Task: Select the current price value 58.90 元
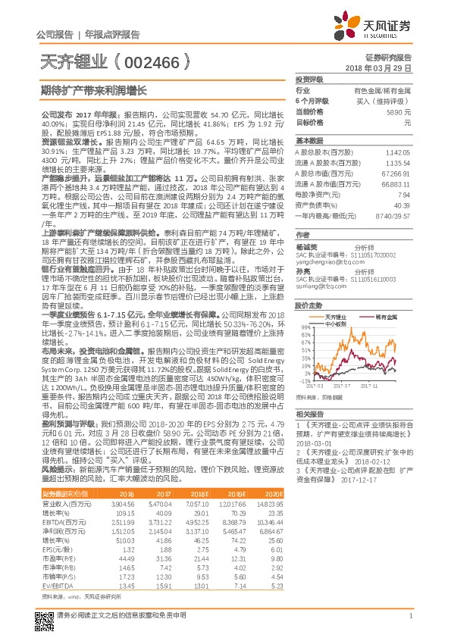[399, 111]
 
